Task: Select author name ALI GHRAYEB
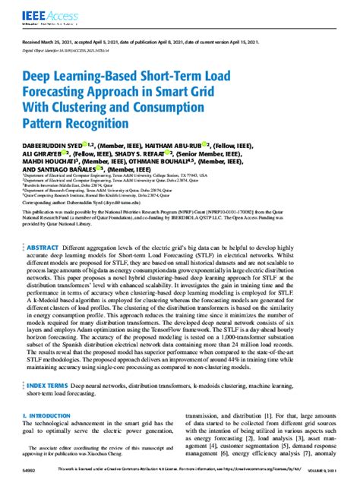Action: pyautogui.click(x=46, y=153)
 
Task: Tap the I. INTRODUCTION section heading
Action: pyautogui.click(x=49, y=416)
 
